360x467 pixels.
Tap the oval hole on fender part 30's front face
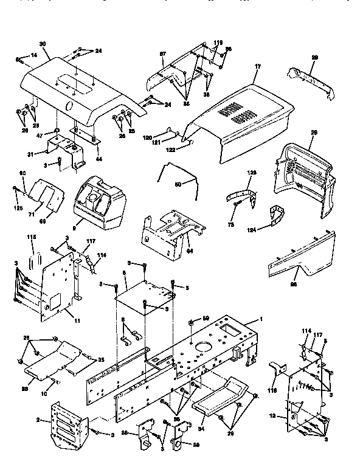click(68, 105)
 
